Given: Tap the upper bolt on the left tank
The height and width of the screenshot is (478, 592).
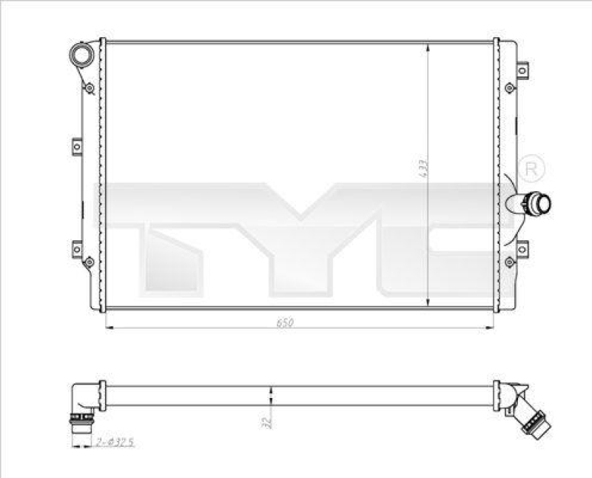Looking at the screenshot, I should [89, 87].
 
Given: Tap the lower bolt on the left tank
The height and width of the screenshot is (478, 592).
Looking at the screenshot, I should [89, 262].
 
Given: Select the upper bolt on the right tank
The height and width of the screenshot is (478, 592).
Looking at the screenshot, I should [508, 88].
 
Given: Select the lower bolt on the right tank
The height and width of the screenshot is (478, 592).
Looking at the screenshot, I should [508, 261].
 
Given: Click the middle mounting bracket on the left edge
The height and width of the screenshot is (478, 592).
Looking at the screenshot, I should [77, 146].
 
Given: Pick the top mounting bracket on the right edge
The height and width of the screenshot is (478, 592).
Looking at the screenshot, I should [522, 70].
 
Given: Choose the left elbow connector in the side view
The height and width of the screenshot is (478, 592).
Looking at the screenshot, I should [84, 404].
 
